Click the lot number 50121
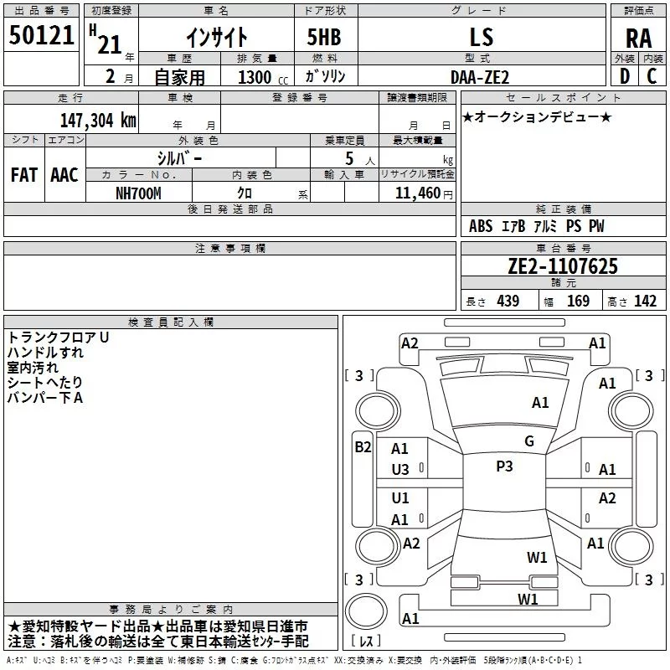41,35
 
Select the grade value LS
482,37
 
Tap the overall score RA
638,39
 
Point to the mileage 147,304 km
98,120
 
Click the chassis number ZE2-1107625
563,266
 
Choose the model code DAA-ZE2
479,77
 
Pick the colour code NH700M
138,193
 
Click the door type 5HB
324,37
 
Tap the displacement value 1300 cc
262,77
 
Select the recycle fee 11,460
417,193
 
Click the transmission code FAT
24,175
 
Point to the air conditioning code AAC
64,175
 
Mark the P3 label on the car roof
504,466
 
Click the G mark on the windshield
529,441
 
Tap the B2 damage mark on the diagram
363,447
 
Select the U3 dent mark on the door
400,470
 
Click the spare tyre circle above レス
366,611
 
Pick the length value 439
508,301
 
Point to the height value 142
645,301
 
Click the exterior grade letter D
625,76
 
